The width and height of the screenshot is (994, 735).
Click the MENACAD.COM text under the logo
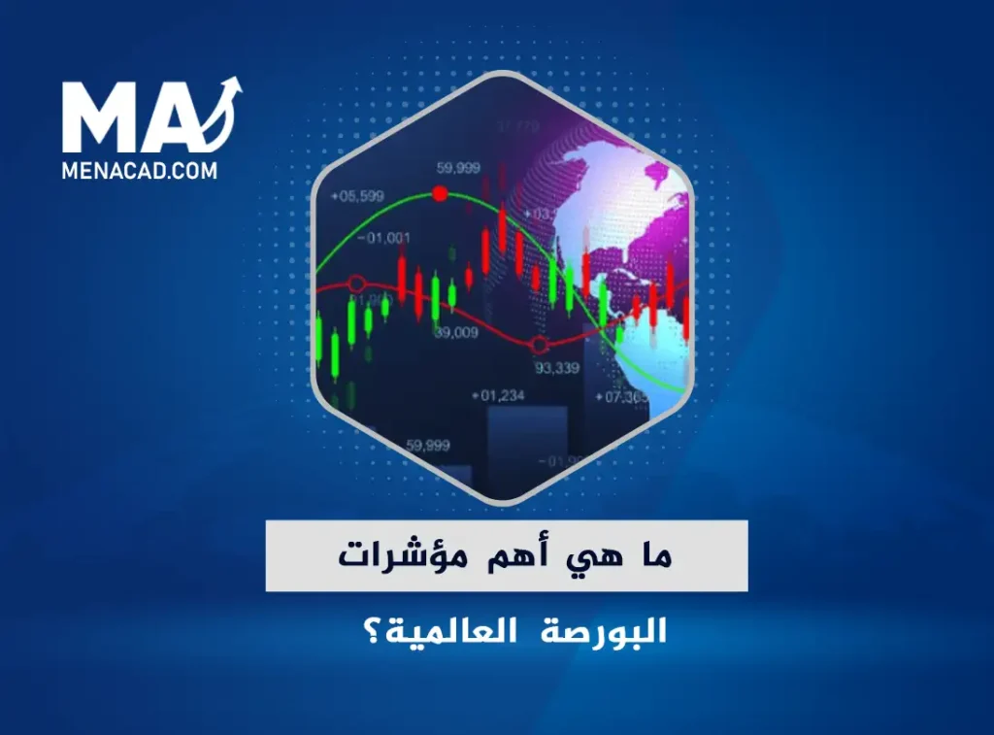point(140,171)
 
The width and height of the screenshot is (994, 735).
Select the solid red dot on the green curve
point(440,194)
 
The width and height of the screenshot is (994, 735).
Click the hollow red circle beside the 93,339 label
point(541,344)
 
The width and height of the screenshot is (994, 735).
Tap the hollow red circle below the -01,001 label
point(356,284)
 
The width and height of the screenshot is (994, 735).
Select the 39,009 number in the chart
point(455,333)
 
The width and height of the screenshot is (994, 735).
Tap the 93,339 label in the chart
point(557,367)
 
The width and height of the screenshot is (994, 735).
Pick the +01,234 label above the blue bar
point(497,395)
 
